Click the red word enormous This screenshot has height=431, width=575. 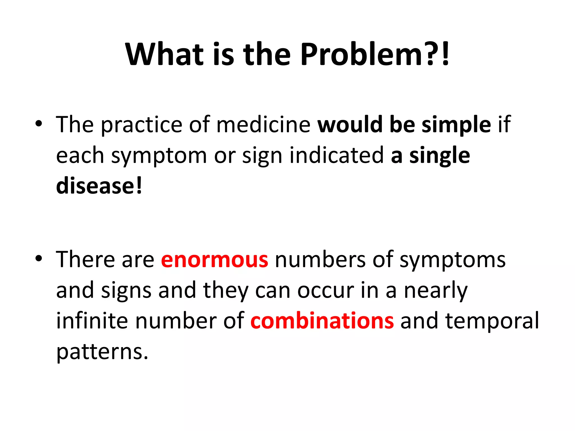[215, 260]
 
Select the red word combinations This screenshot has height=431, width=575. [322, 321]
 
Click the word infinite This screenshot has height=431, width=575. [92, 321]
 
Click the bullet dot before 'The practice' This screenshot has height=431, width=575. [39, 123]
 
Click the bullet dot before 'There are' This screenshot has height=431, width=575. [39, 258]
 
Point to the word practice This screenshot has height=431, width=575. [142, 125]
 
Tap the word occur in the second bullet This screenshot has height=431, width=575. [325, 290]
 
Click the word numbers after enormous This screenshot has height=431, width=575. [320, 260]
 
